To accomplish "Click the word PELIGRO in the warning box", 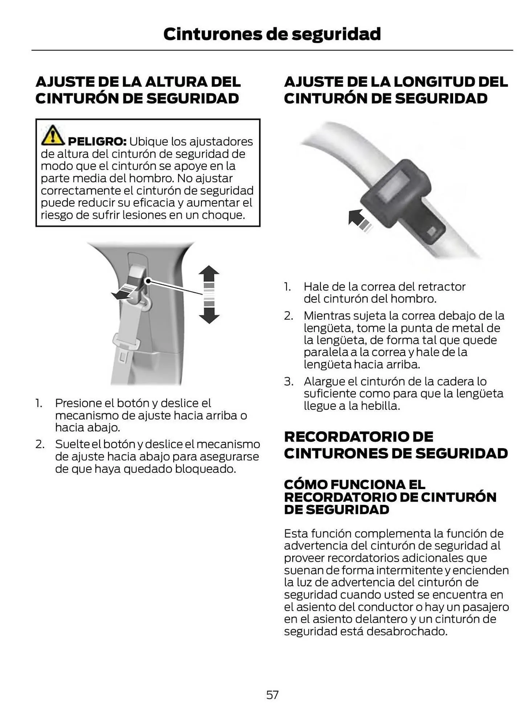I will point(97,141).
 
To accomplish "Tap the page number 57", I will point(272,695).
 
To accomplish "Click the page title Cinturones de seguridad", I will point(272,34).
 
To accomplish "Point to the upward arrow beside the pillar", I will point(209,274).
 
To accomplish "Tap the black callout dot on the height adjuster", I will point(148,281).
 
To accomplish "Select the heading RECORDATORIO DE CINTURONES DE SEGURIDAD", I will point(395,445).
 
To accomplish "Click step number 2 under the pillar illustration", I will point(40,444).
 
